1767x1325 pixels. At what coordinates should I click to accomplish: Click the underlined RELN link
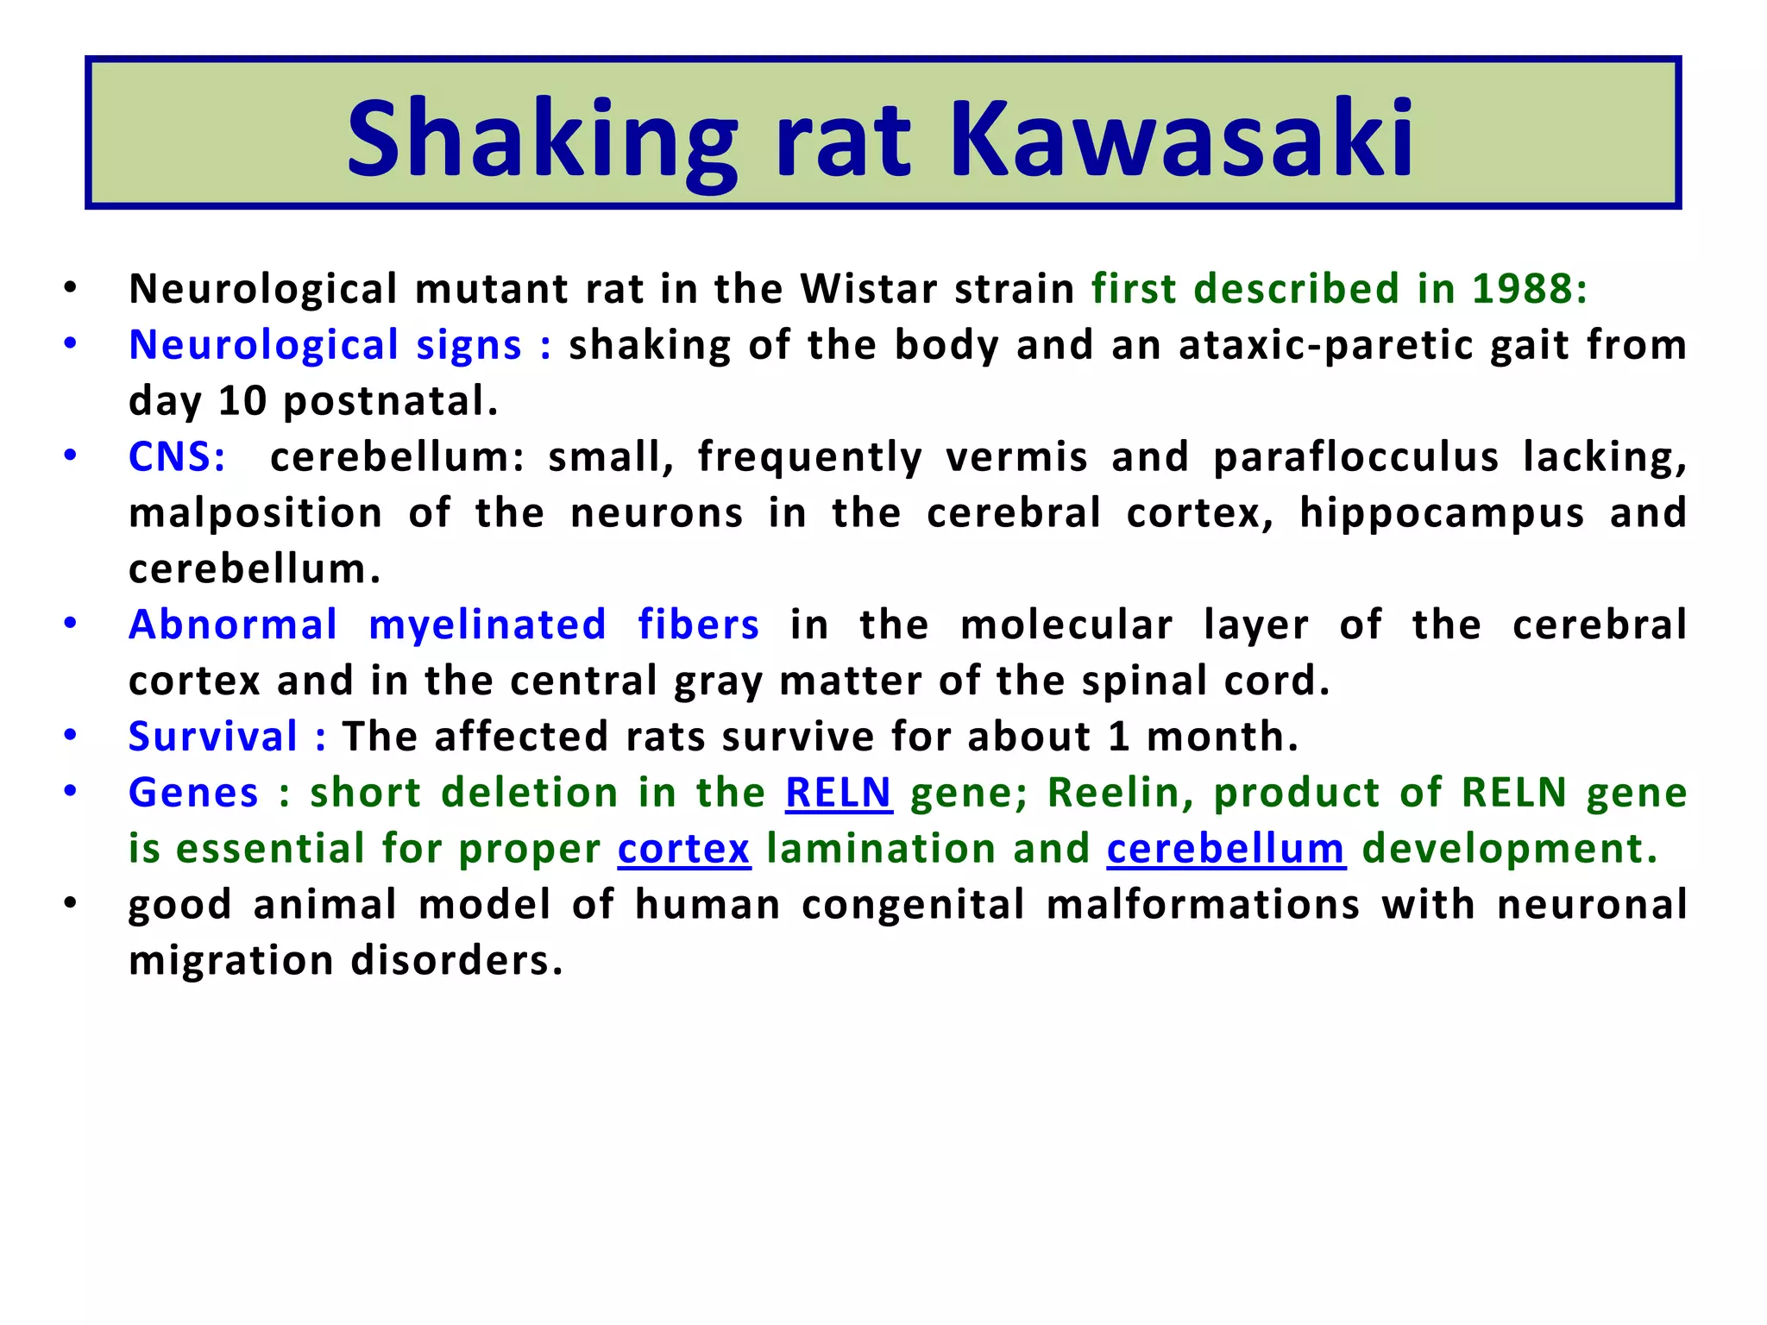838,793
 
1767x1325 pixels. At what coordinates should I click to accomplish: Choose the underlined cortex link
684,849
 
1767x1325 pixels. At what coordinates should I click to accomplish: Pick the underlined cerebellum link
1226,849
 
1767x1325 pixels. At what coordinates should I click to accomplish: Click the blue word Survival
213,737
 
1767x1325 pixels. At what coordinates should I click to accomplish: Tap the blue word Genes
193,793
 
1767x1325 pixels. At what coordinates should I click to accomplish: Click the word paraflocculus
1356,456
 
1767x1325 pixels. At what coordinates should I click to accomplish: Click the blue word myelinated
487,625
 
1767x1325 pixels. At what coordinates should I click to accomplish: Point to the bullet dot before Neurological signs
71,343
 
